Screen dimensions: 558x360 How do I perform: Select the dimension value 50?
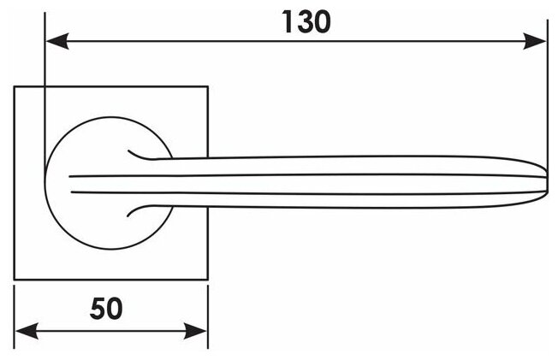tap(106, 309)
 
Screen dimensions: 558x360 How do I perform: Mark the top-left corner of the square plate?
tap(15, 86)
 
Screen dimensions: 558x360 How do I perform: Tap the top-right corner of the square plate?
tap(208, 86)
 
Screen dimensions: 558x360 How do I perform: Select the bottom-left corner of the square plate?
tap(15, 279)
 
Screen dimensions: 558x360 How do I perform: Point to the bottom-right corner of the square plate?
tap(208, 279)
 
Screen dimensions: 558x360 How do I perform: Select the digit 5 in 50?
tap(97, 309)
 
